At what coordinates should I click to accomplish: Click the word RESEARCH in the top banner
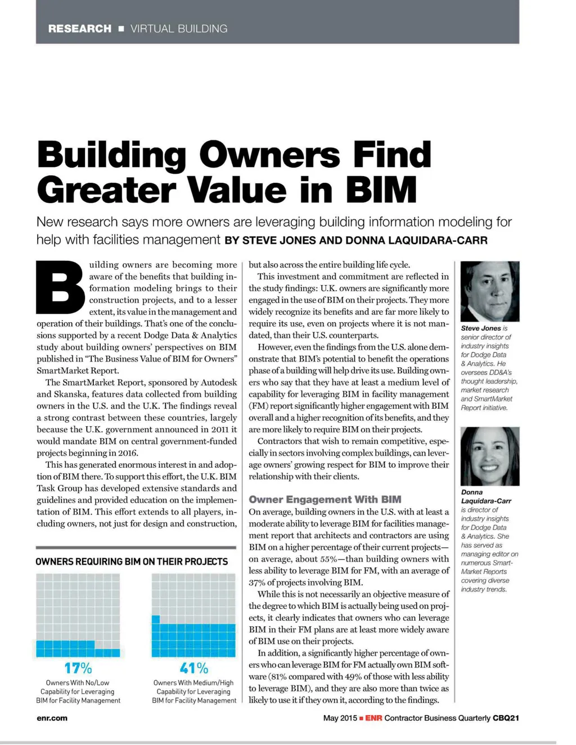pyautogui.click(x=79, y=29)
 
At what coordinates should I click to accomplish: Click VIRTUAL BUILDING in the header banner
pyautogui.click(x=179, y=29)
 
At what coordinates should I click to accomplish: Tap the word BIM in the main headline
pyautogui.click(x=381, y=189)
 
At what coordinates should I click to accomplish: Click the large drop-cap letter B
pyautogui.click(x=60, y=287)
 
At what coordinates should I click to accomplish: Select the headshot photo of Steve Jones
pyautogui.click(x=489, y=291)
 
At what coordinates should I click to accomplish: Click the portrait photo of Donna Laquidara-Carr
pyautogui.click(x=489, y=456)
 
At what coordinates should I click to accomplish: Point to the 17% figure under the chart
pyautogui.click(x=78, y=668)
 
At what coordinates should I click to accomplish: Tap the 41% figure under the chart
pyautogui.click(x=193, y=668)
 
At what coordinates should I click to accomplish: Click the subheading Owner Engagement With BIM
pyautogui.click(x=325, y=499)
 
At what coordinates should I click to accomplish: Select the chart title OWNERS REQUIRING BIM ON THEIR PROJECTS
pyautogui.click(x=132, y=562)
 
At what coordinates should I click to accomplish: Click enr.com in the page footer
pyautogui.click(x=52, y=718)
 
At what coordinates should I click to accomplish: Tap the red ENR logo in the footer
pyautogui.click(x=373, y=718)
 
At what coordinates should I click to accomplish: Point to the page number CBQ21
pyautogui.click(x=506, y=718)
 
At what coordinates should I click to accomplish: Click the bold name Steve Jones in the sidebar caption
pyautogui.click(x=480, y=328)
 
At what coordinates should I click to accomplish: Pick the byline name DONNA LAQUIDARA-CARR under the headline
pyautogui.click(x=416, y=241)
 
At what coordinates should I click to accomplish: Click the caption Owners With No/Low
pyautogui.click(x=78, y=683)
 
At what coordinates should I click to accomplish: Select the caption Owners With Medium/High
pyautogui.click(x=193, y=683)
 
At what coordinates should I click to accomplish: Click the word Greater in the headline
pyautogui.click(x=106, y=189)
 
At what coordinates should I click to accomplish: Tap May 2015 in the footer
pyautogui.click(x=340, y=718)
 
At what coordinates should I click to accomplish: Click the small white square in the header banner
pyautogui.click(x=121, y=29)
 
